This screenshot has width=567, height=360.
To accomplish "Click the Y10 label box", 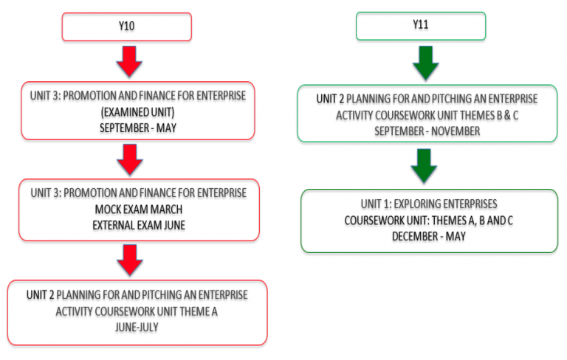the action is pyautogui.click(x=126, y=27).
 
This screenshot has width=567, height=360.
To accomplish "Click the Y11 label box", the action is pyautogui.click(x=421, y=26).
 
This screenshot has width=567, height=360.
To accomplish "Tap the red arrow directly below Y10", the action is pyautogui.click(x=129, y=61).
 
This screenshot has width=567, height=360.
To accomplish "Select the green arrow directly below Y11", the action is pyautogui.click(x=425, y=63).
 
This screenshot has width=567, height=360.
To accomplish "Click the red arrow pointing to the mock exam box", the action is pyautogui.click(x=130, y=159).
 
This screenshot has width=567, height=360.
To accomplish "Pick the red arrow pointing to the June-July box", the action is pyautogui.click(x=130, y=260).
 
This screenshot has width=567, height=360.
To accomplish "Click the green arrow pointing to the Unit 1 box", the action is pyautogui.click(x=424, y=165).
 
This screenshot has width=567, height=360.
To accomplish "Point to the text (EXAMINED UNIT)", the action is pyautogui.click(x=137, y=112).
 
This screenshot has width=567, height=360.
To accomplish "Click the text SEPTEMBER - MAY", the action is pyautogui.click(x=138, y=128).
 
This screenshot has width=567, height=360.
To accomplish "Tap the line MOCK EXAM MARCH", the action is pyautogui.click(x=139, y=210).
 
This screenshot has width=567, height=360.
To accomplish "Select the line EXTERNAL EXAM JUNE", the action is pyautogui.click(x=139, y=225).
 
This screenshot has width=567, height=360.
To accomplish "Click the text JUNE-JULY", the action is pyautogui.click(x=137, y=327).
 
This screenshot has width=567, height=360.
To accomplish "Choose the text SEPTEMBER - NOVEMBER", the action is pyautogui.click(x=427, y=131).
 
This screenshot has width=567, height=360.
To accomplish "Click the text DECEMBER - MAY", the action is pyautogui.click(x=428, y=236).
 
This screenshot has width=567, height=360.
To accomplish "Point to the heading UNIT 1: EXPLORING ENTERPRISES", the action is pyautogui.click(x=428, y=204).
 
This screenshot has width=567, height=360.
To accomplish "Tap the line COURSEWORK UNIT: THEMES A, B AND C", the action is pyautogui.click(x=428, y=220).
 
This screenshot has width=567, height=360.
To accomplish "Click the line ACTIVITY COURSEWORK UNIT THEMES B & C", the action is pyautogui.click(x=427, y=115).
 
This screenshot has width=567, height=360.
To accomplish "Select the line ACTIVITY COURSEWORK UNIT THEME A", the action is pyautogui.click(x=137, y=311).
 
